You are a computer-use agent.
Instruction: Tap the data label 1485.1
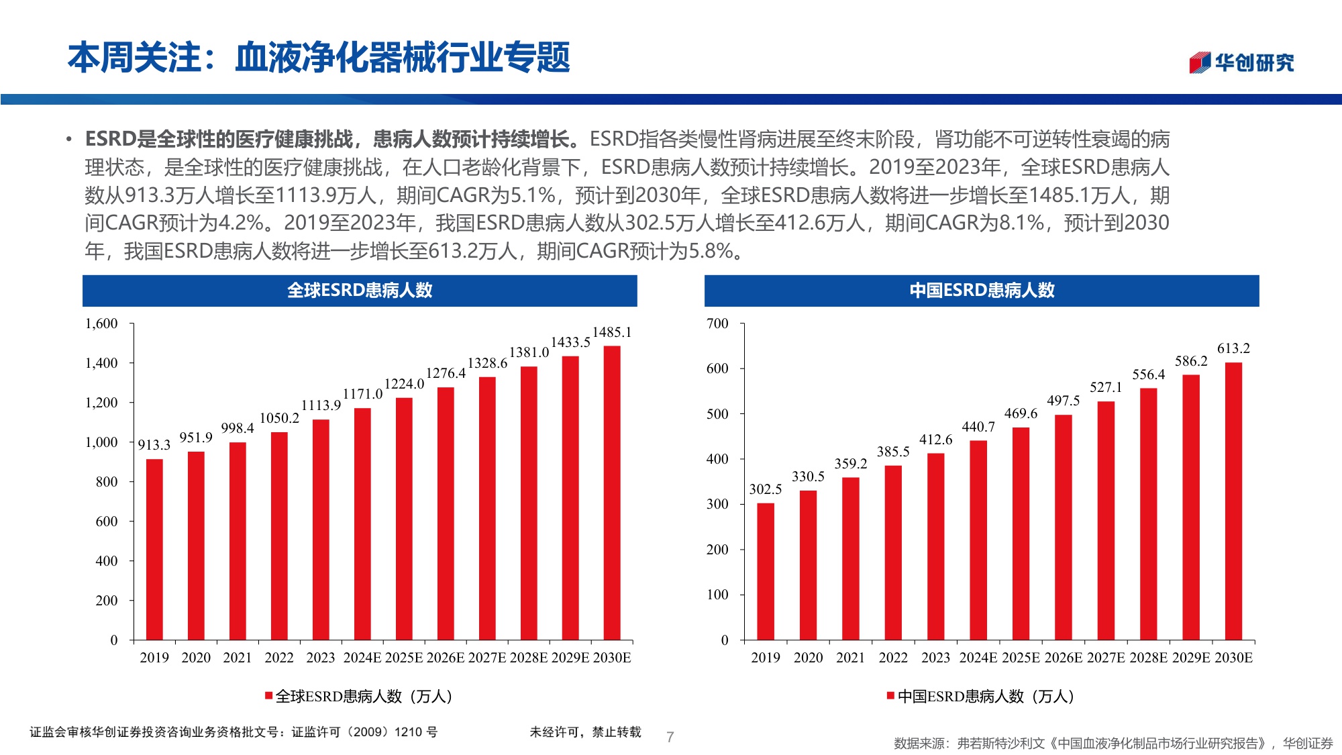(611, 332)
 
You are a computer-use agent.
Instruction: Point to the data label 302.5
(765, 489)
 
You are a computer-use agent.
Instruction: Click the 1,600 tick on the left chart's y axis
(101, 323)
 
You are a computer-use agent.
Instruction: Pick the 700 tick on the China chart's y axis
(717, 323)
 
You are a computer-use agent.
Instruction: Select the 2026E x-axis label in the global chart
(446, 658)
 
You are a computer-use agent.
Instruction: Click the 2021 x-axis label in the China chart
(850, 658)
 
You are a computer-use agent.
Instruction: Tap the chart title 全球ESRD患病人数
(360, 291)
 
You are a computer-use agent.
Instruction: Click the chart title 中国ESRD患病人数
(982, 291)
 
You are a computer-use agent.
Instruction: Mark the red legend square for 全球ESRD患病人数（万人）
(268, 696)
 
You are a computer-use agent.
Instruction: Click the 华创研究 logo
(1241, 62)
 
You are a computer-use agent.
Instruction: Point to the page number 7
(670, 737)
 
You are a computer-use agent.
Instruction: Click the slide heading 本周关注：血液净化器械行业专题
(319, 58)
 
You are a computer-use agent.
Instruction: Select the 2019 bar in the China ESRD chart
(765, 571)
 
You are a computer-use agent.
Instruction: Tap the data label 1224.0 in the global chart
(404, 384)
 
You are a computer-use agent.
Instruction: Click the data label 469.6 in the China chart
(1020, 413)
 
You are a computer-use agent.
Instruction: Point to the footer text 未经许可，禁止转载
(585, 732)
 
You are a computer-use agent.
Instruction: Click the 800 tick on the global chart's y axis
(106, 482)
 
